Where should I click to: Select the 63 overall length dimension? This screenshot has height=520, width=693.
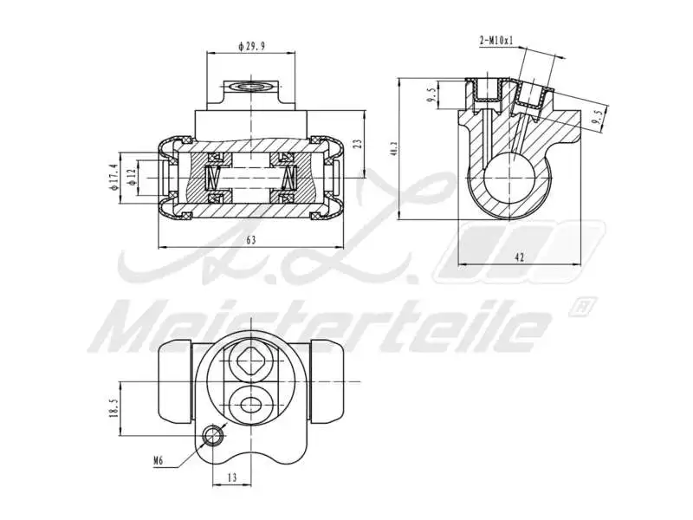tap(251, 241)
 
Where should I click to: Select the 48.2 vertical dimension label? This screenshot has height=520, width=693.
tap(394, 149)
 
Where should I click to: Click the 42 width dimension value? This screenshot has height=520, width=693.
tap(520, 257)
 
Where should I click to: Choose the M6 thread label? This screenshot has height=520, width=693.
tap(159, 462)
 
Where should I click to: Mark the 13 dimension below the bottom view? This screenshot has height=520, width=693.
tap(232, 477)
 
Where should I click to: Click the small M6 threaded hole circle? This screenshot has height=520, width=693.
tap(211, 436)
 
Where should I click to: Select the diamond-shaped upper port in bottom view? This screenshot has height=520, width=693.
tap(251, 357)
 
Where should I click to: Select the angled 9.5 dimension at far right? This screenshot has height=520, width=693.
tap(596, 119)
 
